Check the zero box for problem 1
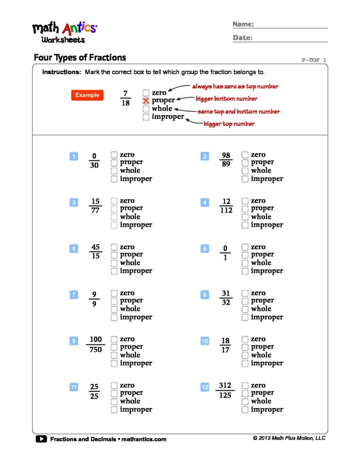(x=114, y=155)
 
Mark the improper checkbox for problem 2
(x=245, y=179)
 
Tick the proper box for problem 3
(x=114, y=208)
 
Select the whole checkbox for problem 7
(x=114, y=309)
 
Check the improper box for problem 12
(x=245, y=410)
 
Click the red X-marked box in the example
(x=146, y=101)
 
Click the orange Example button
(x=87, y=95)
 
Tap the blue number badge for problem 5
(x=74, y=249)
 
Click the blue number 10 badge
(x=205, y=341)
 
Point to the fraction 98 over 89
(x=226, y=160)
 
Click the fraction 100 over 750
(x=96, y=344)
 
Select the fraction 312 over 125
(x=225, y=390)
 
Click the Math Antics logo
(x=64, y=32)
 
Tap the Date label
(x=243, y=38)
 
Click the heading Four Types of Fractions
(x=80, y=58)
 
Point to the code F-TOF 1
(x=314, y=60)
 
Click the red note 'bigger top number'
(x=228, y=124)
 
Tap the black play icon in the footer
(x=41, y=439)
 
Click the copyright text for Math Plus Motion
(x=289, y=438)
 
